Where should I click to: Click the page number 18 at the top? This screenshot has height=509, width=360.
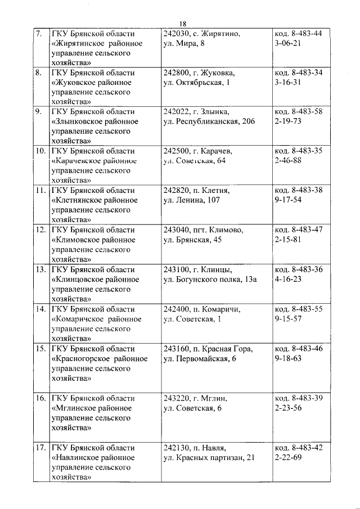tap(182, 24)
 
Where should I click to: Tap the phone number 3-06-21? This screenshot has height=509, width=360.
tap(288, 43)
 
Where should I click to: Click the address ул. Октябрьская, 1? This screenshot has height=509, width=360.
tap(196, 83)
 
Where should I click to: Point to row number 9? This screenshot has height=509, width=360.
tap(39, 111)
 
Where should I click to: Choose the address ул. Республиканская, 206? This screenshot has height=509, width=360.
tap(209, 121)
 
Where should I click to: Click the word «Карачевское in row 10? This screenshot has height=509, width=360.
tap(78, 161)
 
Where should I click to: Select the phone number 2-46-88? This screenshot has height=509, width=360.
tap(289, 161)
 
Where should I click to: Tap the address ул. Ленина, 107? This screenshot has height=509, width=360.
tap(191, 200)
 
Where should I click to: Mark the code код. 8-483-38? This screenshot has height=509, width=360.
tap(298, 190)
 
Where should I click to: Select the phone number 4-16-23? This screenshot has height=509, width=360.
tap(288, 279)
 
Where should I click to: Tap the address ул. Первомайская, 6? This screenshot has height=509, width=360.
tap(199, 359)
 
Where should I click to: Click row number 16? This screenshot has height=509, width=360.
tap(40, 398)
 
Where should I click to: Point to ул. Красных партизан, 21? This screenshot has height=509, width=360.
tap(209, 458)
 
